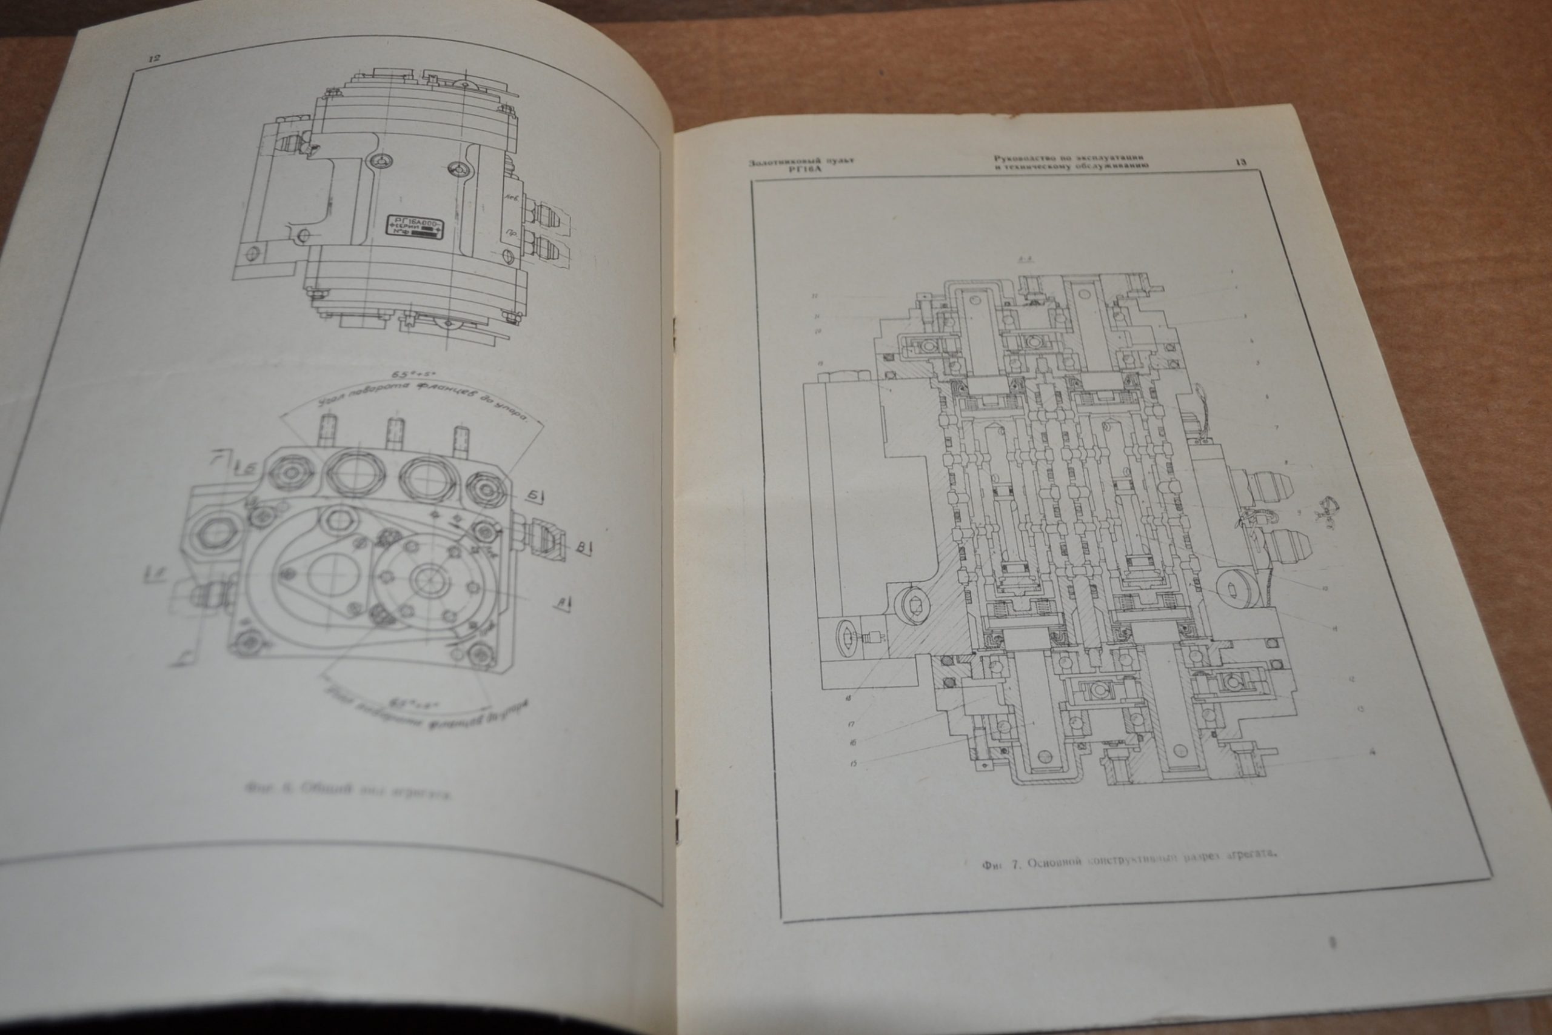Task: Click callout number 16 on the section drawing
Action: [852, 742]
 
